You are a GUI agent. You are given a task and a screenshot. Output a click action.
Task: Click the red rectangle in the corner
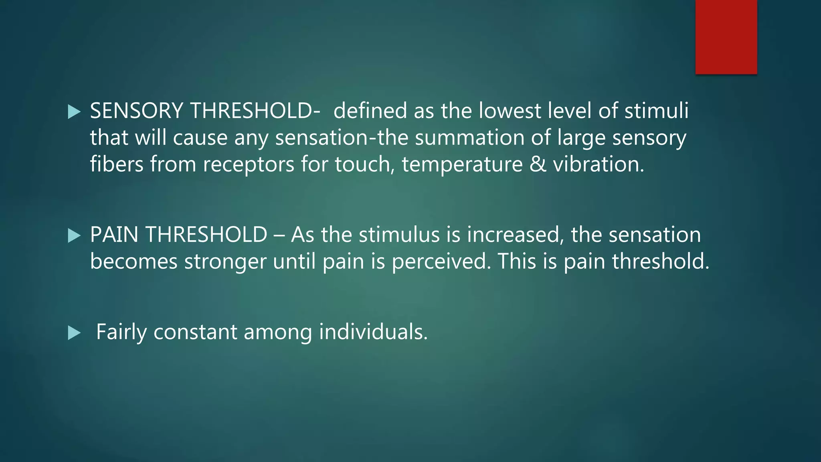click(x=726, y=37)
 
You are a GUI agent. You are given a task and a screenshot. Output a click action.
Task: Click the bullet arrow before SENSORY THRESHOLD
click(x=74, y=112)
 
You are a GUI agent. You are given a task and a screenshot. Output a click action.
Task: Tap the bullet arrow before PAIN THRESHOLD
click(x=74, y=236)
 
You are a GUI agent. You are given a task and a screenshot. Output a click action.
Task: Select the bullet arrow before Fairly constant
click(x=74, y=333)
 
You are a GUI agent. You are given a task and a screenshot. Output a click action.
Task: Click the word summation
click(x=469, y=138)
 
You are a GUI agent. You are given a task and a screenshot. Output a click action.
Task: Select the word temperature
click(x=462, y=164)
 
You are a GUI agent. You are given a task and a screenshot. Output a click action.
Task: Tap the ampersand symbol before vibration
click(x=538, y=164)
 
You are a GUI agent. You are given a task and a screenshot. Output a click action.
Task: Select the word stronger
click(x=225, y=262)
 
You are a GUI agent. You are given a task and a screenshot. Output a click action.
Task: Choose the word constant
click(x=195, y=332)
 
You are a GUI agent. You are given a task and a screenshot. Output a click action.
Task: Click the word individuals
click(x=373, y=332)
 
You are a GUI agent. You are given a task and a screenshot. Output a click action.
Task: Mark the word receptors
click(x=249, y=164)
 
